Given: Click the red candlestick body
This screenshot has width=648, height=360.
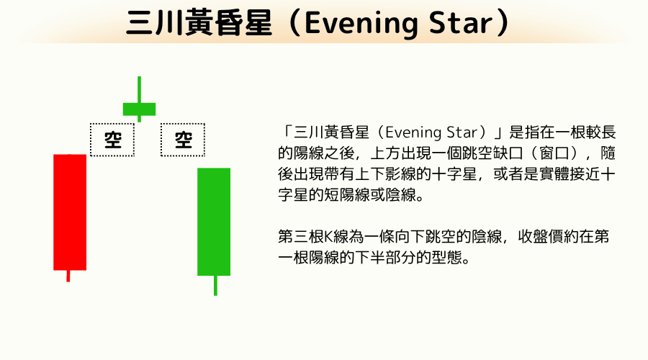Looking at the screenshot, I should pos(70,212).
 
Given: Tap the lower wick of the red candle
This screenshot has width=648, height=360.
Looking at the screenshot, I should pos(68,276).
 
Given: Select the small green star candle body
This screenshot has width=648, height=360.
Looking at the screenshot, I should pos(139,109).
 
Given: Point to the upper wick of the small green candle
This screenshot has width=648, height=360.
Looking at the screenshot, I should pos(139,89).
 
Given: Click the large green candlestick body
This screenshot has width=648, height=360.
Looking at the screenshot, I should pos(214,222).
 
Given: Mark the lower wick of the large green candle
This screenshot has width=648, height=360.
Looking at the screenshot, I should pos(215,285).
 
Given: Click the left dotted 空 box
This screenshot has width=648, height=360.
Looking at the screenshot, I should pos(112,139).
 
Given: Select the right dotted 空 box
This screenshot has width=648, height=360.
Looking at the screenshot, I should pos(182,139).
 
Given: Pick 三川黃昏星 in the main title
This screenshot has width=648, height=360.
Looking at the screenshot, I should pos(201,24).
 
